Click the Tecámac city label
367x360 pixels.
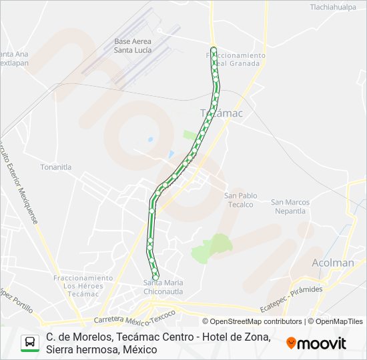(x=222, y=113)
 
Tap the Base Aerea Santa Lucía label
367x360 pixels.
(x=132, y=45)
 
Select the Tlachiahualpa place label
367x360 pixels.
(x=333, y=7)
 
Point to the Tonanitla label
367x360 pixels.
(x=55, y=167)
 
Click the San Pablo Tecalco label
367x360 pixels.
(x=240, y=200)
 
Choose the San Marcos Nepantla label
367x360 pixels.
(x=290, y=207)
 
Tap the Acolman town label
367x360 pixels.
(x=333, y=263)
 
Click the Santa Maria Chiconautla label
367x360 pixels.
(x=163, y=287)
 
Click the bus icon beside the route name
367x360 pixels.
(x=30, y=343)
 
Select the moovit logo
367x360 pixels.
(x=316, y=343)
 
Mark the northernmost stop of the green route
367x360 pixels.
(x=213, y=49)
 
